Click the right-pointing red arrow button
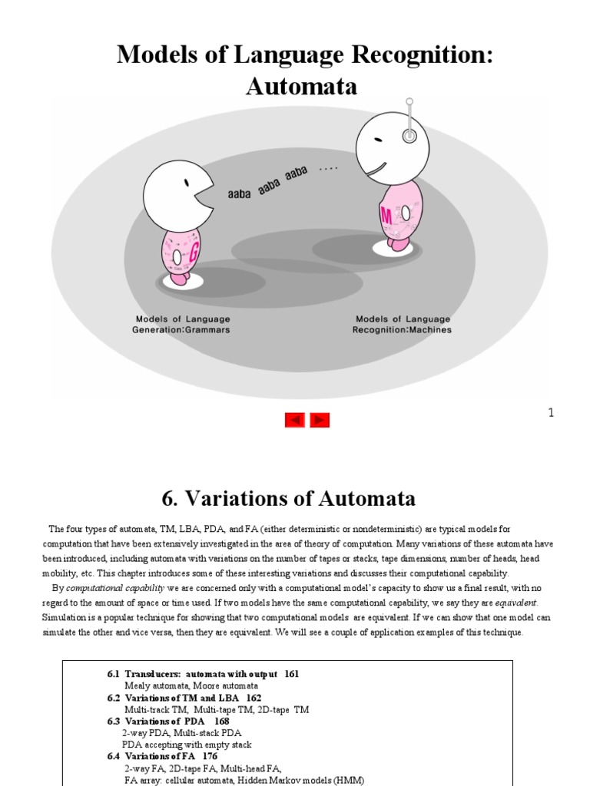click(x=320, y=420)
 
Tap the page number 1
click(x=551, y=413)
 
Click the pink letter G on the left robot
click(x=194, y=249)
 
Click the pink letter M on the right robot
click(x=386, y=215)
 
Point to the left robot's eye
click(x=187, y=183)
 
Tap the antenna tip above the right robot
click(x=409, y=101)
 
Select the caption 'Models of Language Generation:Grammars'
click(x=181, y=324)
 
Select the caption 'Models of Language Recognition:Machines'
click(x=403, y=324)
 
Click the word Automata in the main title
click(x=301, y=87)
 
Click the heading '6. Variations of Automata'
click(x=289, y=498)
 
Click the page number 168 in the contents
click(x=221, y=721)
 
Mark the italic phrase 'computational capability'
click(x=108, y=588)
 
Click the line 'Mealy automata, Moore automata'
click(x=191, y=685)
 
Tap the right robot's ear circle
click(x=410, y=136)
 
